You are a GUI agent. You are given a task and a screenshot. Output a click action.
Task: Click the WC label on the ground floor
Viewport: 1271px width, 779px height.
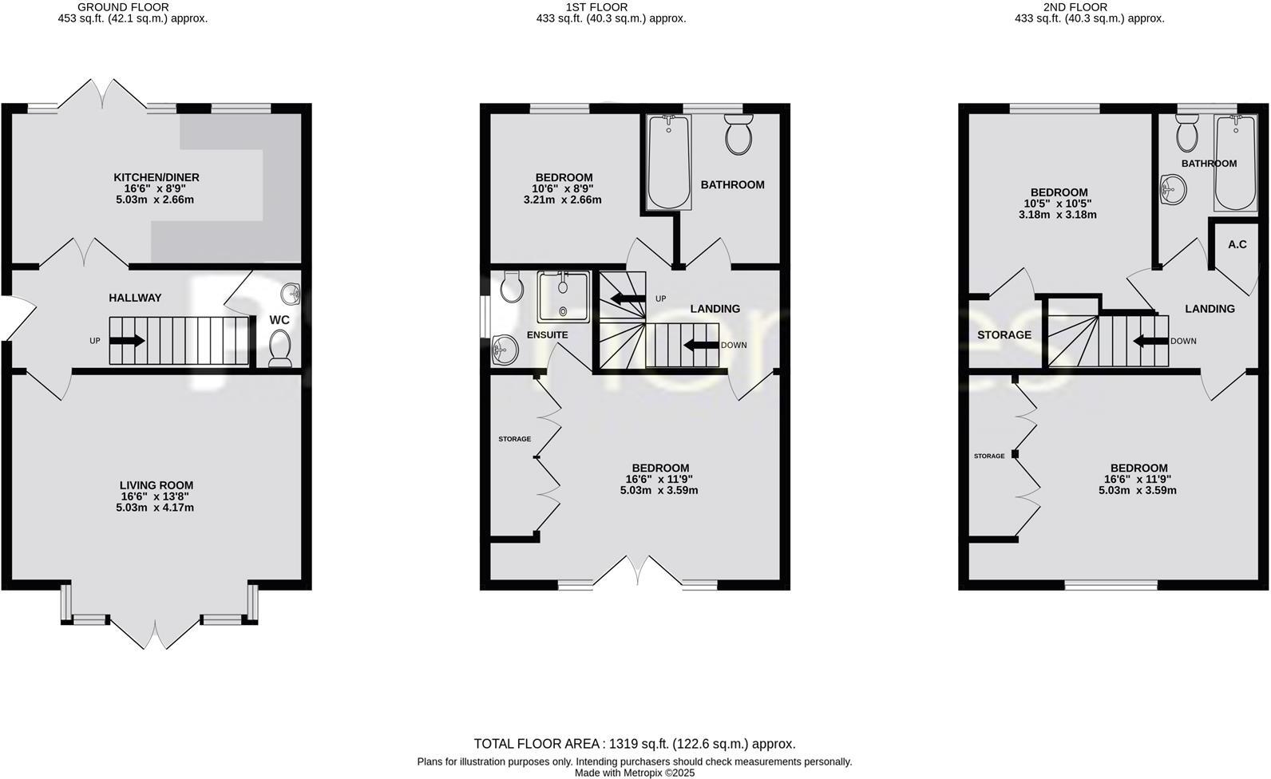pyautogui.click(x=279, y=320)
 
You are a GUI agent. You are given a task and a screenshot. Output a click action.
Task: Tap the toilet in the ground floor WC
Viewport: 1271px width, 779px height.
pyautogui.click(x=280, y=349)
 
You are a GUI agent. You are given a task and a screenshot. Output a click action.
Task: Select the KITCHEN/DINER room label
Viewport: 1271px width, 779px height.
pyautogui.click(x=156, y=177)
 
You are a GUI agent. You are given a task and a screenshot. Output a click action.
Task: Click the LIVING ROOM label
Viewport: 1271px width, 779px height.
pyautogui.click(x=156, y=485)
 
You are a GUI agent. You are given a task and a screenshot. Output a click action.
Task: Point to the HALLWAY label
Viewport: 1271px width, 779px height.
pyautogui.click(x=135, y=298)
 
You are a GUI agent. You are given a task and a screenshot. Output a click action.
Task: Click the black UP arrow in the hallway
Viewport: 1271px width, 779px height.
pyautogui.click(x=126, y=341)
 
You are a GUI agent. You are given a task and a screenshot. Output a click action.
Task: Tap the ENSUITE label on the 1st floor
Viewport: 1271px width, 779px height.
pyautogui.click(x=547, y=335)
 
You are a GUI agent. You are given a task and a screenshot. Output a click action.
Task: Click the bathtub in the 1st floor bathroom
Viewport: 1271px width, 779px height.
pyautogui.click(x=668, y=162)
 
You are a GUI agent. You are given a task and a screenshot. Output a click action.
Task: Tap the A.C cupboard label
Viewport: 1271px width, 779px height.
pyautogui.click(x=1237, y=244)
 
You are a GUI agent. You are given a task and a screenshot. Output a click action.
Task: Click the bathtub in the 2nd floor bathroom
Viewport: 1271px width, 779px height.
pyautogui.click(x=1234, y=162)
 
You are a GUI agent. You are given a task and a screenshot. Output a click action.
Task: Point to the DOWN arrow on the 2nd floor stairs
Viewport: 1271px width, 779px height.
pyautogui.click(x=1150, y=341)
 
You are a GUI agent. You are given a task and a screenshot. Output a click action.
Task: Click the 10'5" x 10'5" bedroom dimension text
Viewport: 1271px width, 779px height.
pyautogui.click(x=1059, y=204)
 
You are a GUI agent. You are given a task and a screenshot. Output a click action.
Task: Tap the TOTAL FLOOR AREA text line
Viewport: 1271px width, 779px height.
pyautogui.click(x=635, y=744)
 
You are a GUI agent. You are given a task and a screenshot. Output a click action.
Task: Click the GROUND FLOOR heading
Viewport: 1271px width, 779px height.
pyautogui.click(x=133, y=7)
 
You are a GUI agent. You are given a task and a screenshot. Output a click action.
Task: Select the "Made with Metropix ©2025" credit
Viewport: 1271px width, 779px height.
pyautogui.click(x=635, y=773)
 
